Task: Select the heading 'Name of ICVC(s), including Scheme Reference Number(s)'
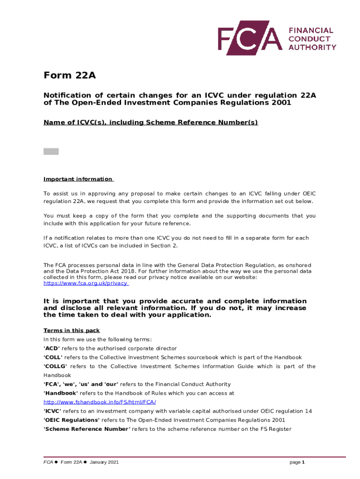click(151, 123)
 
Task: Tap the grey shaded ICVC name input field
click(51, 152)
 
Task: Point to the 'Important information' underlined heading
click(78, 179)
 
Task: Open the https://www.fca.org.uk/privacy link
click(86, 283)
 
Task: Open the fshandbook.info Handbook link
click(100, 402)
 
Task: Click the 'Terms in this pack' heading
click(71, 331)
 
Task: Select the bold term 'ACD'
click(50, 348)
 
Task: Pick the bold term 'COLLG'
click(55, 366)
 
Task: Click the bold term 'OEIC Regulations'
click(72, 420)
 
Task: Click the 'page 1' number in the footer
click(297, 462)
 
